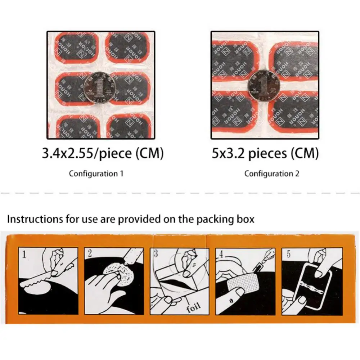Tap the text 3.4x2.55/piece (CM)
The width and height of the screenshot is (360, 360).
pos(103,154)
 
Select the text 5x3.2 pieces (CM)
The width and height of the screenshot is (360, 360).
pos(265,154)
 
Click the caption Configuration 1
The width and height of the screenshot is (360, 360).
pos(96,174)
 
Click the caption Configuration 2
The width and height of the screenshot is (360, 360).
pos(272,174)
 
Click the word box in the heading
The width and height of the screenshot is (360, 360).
pos(244,219)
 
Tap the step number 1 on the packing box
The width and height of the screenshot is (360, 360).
pos(24,255)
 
